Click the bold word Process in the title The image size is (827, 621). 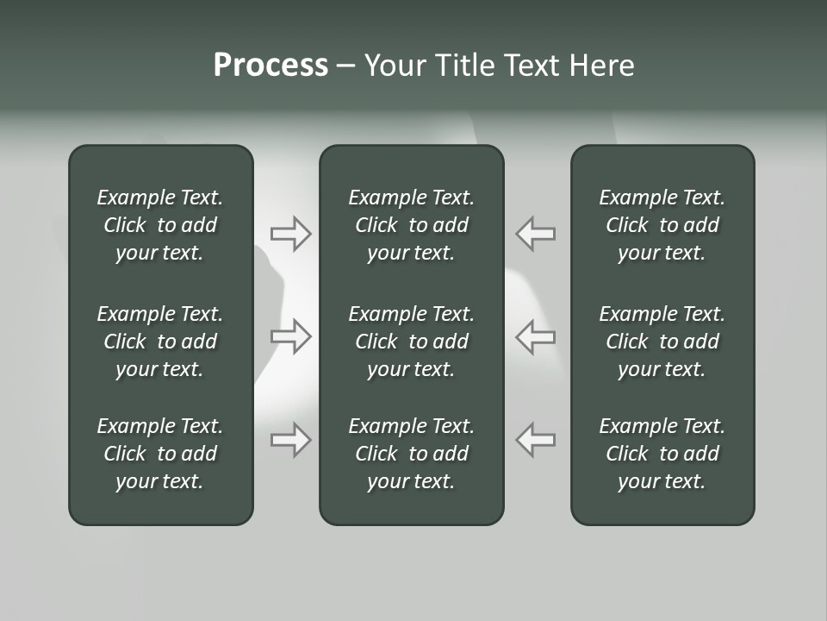[270, 66]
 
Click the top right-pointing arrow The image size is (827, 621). [291, 233]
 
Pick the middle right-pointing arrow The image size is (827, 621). [291, 336]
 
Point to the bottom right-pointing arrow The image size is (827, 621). [291, 439]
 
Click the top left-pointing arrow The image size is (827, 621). [535, 233]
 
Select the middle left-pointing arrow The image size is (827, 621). [535, 336]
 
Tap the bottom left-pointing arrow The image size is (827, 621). [535, 439]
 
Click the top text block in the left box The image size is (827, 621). [160, 225]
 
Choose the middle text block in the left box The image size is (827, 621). [160, 342]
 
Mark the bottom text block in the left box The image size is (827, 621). [160, 454]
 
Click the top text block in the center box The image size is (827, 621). [412, 225]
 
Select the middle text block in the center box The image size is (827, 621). [412, 342]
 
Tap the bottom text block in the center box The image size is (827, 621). [412, 454]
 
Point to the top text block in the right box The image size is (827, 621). [662, 225]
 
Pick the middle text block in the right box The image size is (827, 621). [662, 342]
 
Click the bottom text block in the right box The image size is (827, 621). [662, 454]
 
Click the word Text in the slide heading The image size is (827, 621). [532, 66]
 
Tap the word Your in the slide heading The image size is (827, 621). [394, 66]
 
